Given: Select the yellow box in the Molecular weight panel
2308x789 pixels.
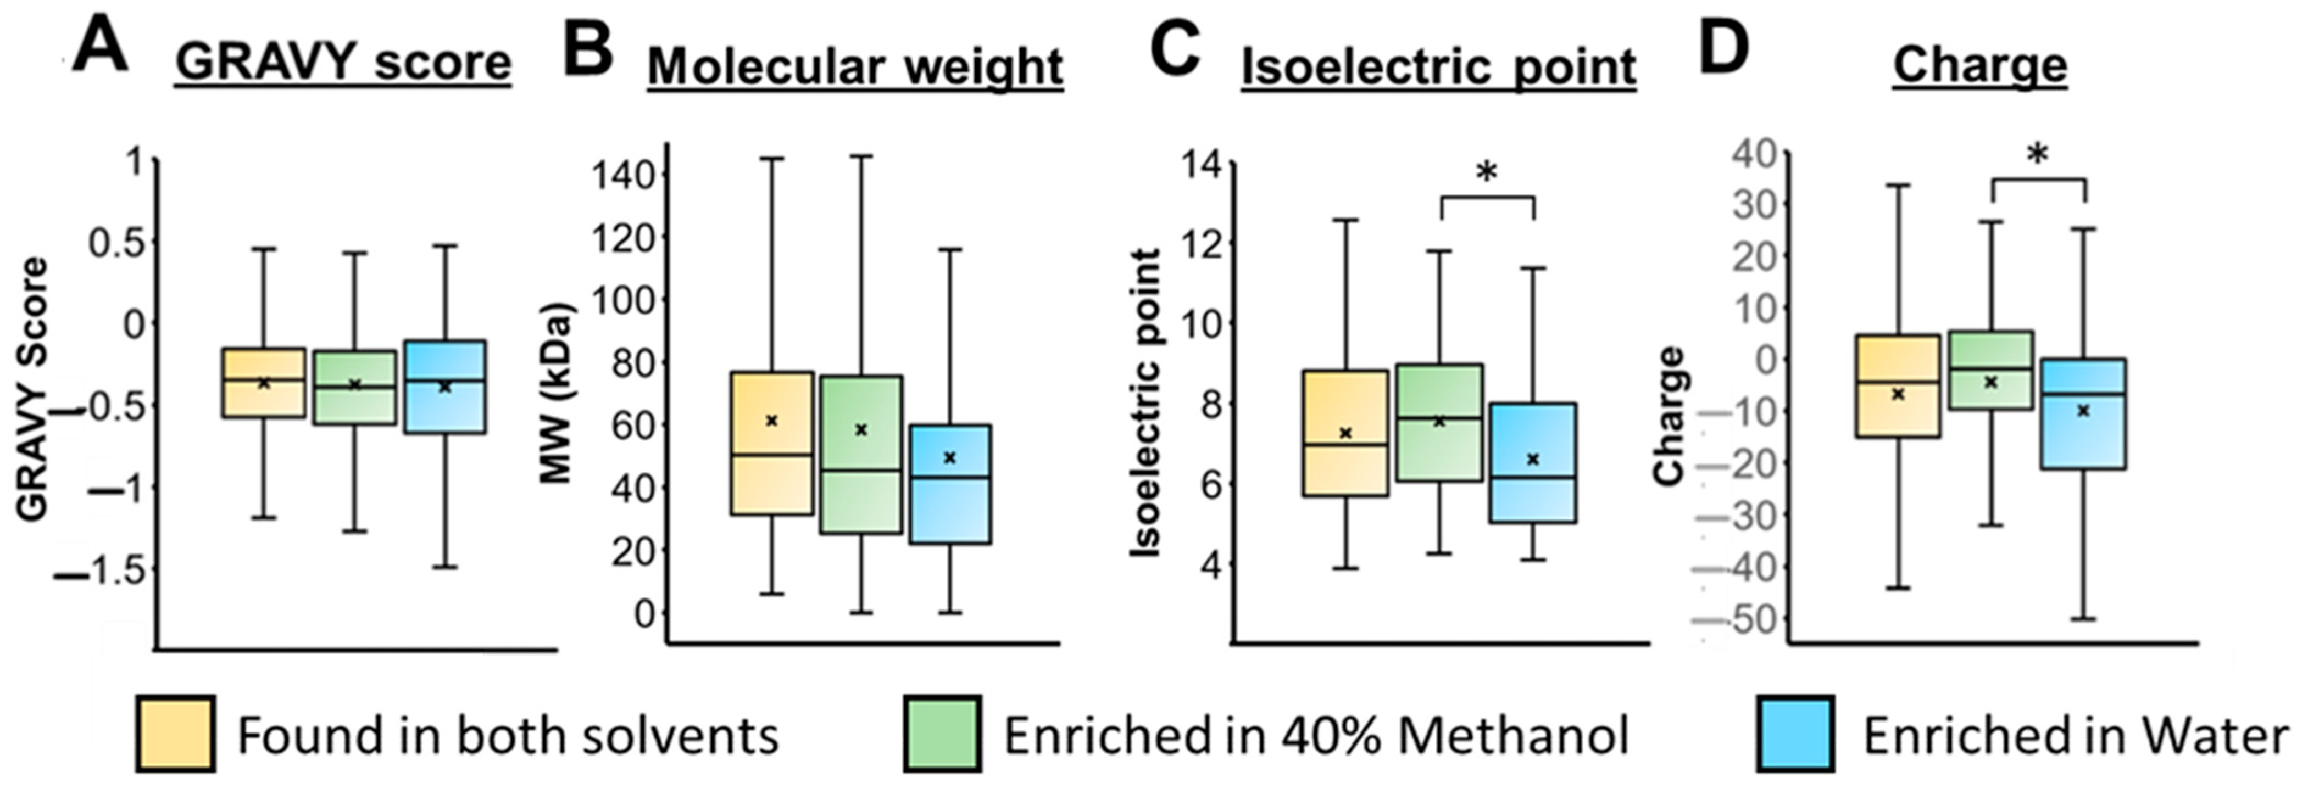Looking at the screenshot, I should pos(771,443).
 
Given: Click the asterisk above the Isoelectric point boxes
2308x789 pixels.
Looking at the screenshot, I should pos(1487,172).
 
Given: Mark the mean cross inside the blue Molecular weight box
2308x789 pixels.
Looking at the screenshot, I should pos(950,457).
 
